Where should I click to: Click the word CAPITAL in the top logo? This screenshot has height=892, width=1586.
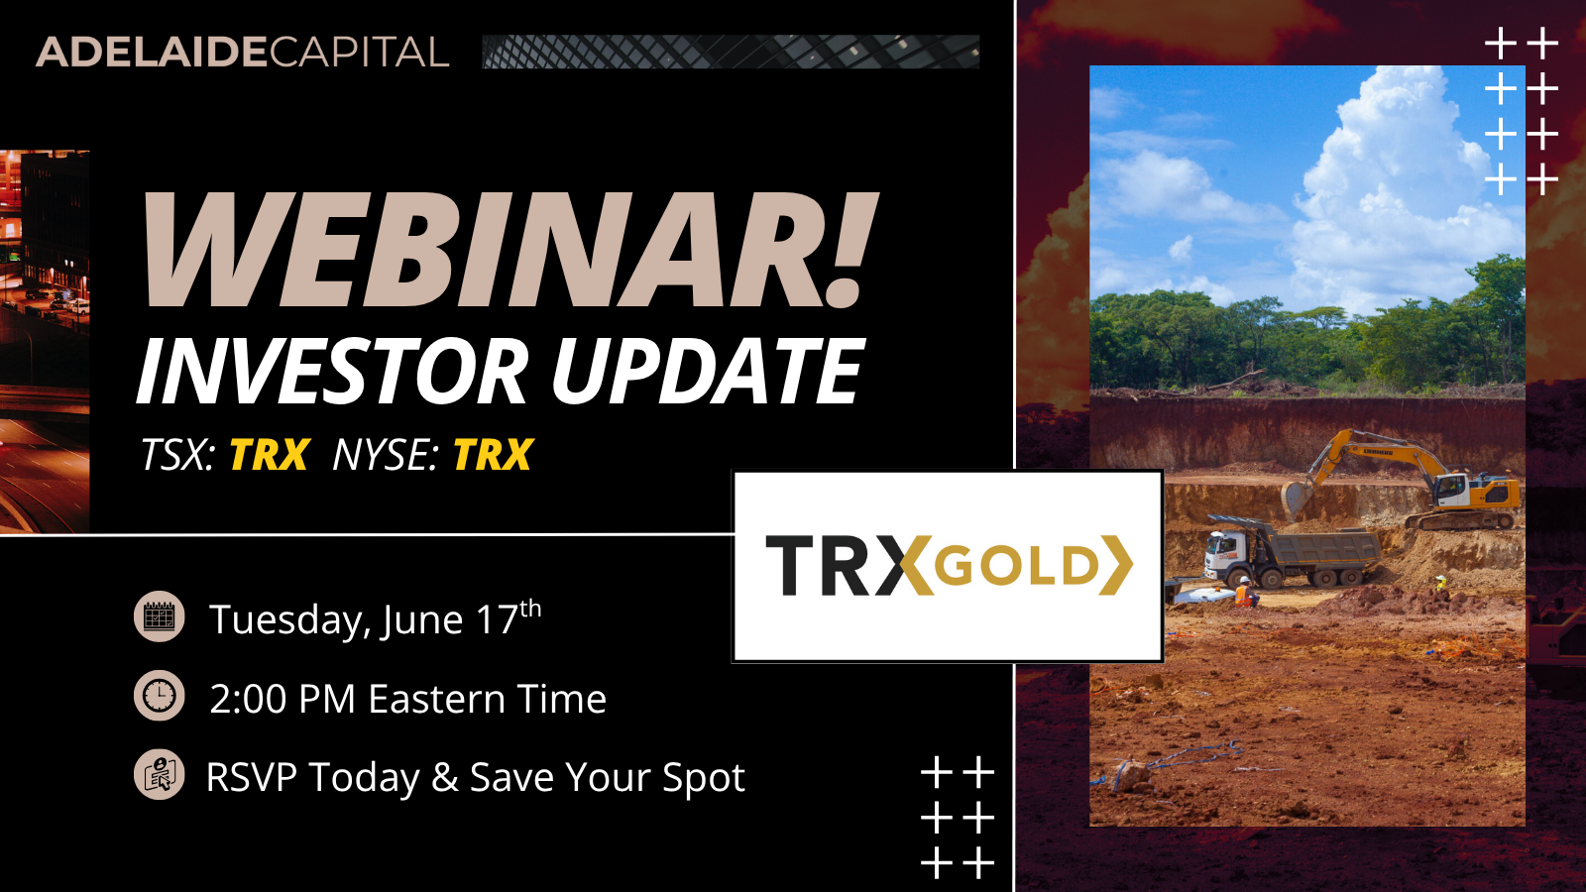[359, 53]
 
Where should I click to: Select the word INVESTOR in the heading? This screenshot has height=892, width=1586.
[333, 372]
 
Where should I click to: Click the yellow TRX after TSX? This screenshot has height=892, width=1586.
[270, 455]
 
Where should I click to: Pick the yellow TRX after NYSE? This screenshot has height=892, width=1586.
[493, 455]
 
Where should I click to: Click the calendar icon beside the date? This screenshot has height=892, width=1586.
[160, 617]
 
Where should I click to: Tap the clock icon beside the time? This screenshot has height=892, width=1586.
[160, 696]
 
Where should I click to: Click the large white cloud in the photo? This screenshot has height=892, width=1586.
[1388, 178]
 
